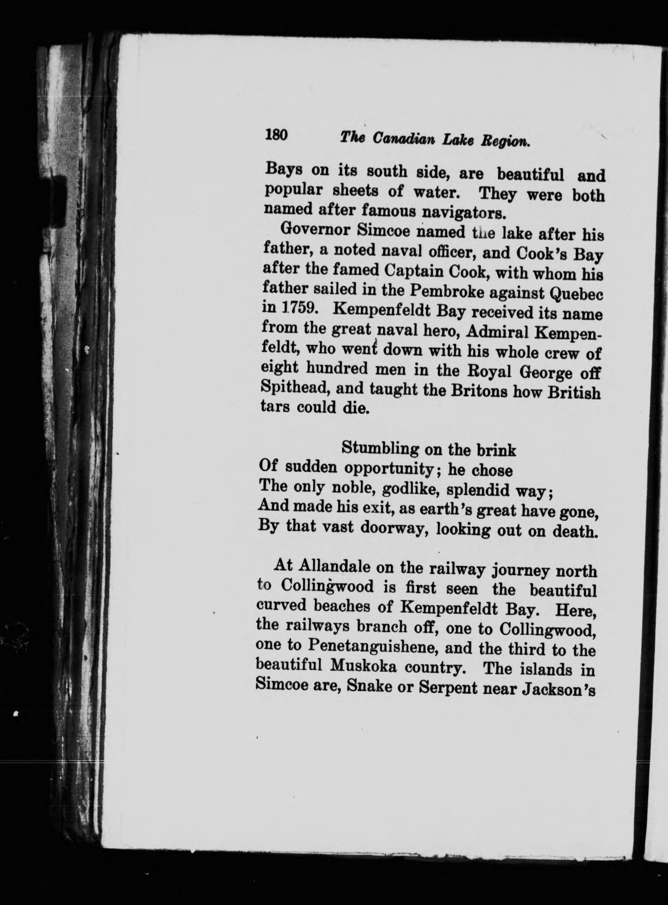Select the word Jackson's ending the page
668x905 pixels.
(556, 689)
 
